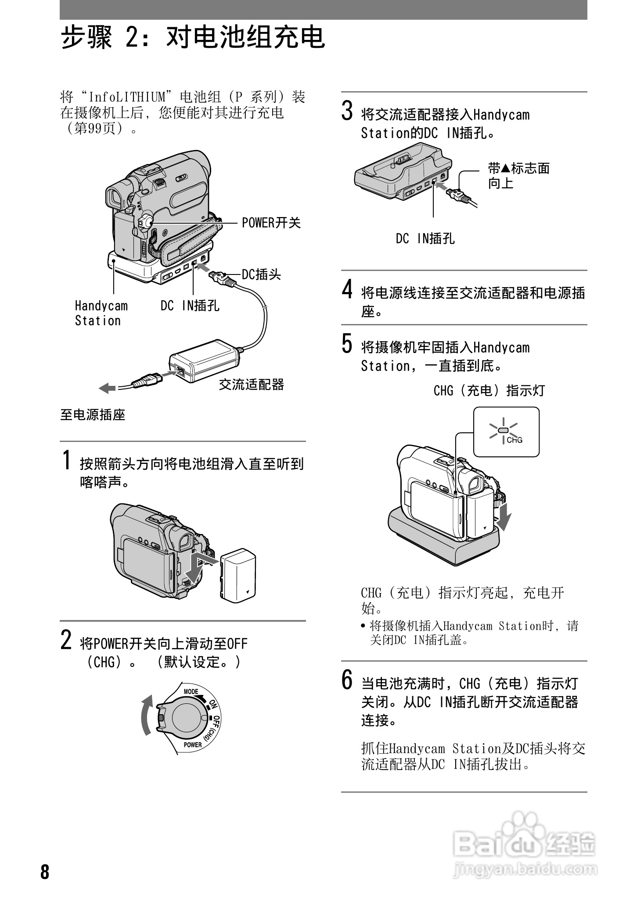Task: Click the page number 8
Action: click(45, 872)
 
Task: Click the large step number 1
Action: click(66, 460)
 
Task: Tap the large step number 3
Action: click(347, 110)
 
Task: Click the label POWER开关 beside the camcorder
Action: click(271, 223)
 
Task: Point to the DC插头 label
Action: click(262, 274)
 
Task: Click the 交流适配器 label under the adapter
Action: click(252, 385)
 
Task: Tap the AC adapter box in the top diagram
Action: click(205, 360)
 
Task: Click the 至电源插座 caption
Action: click(93, 414)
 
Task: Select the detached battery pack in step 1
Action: click(238, 575)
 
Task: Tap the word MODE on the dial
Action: click(191, 691)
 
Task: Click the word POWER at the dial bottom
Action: click(193, 745)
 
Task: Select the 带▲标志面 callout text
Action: click(518, 168)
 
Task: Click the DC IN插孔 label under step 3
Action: click(425, 239)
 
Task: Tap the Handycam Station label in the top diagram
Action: click(101, 313)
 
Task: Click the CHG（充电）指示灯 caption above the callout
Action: click(489, 390)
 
